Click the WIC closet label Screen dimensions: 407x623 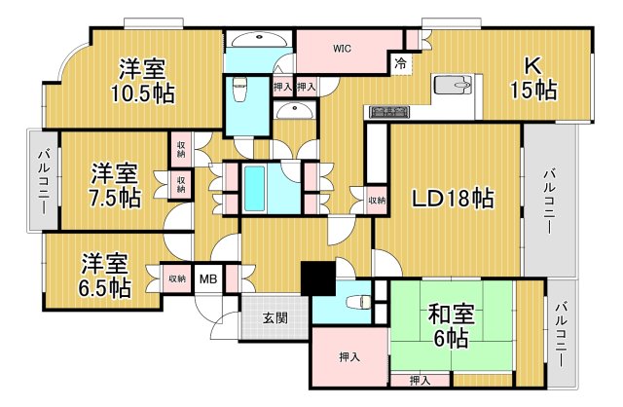tap(342, 47)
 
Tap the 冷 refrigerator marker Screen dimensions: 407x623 tap(401, 64)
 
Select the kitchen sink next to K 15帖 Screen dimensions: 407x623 tap(451, 88)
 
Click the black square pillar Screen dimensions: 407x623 tap(316, 278)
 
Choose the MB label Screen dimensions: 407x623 tap(208, 278)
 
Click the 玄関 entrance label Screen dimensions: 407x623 tap(275, 317)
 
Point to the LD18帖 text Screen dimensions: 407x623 tap(453, 199)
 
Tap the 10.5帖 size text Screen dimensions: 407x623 tap(141, 93)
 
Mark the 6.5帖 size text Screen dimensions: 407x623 tap(104, 287)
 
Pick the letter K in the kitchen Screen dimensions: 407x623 tap(532, 66)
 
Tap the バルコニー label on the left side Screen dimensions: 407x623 tap(44, 181)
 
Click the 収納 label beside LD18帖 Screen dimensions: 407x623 tap(376, 201)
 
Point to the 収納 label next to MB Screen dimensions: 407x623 tap(176, 278)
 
